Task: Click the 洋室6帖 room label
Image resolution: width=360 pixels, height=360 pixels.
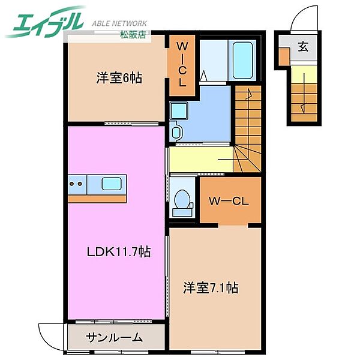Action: [119, 78]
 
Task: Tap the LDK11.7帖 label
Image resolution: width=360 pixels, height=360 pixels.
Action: [119, 251]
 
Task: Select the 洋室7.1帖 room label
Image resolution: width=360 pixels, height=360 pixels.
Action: [211, 287]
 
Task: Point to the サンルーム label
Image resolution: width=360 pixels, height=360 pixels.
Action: [114, 337]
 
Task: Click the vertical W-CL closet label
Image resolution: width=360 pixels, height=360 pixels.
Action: [182, 65]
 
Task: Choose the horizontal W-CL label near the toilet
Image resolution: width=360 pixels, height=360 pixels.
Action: [229, 202]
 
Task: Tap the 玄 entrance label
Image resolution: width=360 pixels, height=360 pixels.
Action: [303, 47]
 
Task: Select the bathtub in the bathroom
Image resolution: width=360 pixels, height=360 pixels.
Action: [242, 61]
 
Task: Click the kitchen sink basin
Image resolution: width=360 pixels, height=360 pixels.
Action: [112, 184]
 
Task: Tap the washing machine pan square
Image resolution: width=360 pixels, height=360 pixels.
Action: [179, 111]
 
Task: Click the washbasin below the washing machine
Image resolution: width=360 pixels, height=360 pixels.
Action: [176, 132]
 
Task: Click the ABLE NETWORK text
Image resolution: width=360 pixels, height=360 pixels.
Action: [119, 23]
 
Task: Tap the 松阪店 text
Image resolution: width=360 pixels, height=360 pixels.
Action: [133, 34]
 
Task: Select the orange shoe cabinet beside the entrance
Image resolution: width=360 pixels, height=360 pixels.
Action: [284, 56]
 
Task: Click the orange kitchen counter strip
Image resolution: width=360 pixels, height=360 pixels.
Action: [97, 199]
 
